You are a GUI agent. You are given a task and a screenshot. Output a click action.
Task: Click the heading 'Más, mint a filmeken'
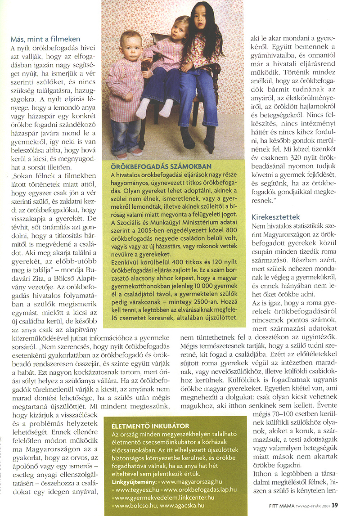[45, 39]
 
